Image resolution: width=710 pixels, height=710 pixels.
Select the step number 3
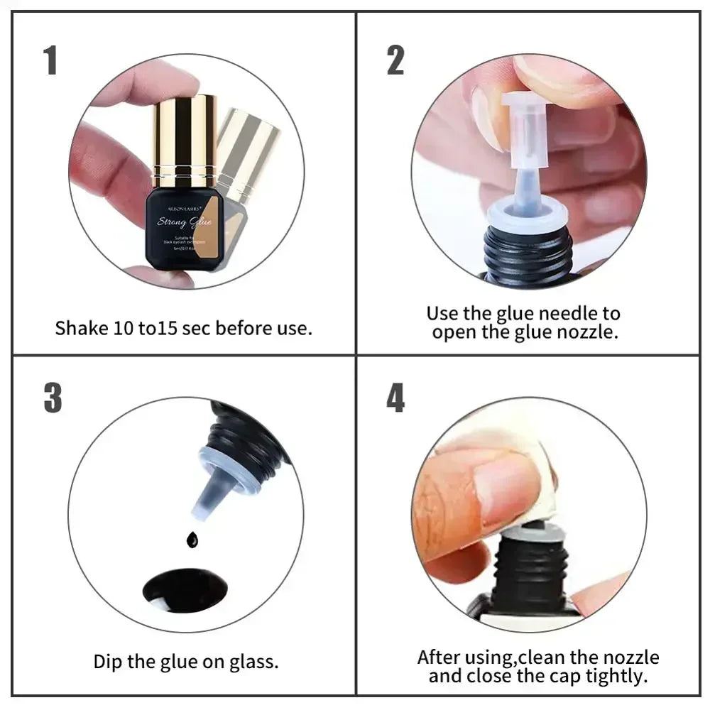pyautogui.click(x=53, y=398)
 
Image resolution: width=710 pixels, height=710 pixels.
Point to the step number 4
pyautogui.click(x=395, y=398)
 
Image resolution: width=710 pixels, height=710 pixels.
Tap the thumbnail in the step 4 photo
pyautogui.click(x=497, y=490)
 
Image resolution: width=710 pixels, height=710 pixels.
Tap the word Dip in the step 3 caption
pyautogui.click(x=109, y=662)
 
